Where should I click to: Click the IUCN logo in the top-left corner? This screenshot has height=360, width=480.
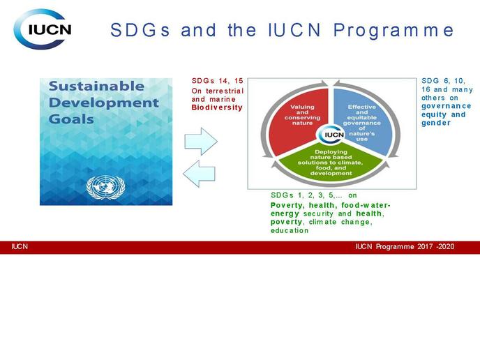[43, 29]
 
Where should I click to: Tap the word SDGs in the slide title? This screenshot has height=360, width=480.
[140, 30]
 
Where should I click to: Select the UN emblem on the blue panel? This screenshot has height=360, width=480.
[105, 188]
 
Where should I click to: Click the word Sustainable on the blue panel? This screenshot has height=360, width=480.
[96, 86]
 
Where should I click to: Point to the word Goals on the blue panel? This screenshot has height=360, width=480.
[71, 119]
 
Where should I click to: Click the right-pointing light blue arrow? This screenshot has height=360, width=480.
[201, 142]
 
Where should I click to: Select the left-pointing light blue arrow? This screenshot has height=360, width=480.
[199, 174]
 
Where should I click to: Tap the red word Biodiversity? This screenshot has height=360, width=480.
[217, 107]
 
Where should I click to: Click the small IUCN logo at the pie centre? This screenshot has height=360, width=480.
[331, 135]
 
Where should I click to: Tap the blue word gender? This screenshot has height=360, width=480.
[436, 123]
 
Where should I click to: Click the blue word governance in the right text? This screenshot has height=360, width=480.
[447, 106]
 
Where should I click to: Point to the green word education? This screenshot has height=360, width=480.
[290, 230]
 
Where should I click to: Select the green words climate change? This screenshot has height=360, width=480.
[340, 222]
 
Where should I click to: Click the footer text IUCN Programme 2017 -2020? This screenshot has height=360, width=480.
[405, 247]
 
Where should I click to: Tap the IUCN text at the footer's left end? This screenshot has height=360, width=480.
[20, 247]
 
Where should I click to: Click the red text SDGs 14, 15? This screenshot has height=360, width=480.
[218, 81]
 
